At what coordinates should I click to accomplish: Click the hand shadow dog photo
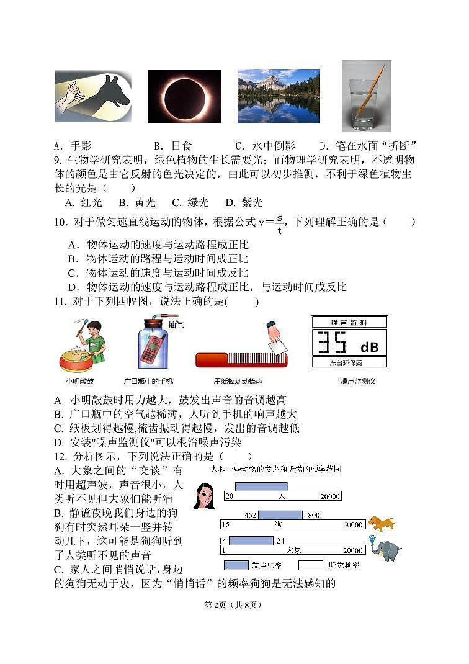[93, 96]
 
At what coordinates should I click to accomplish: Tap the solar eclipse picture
[184, 96]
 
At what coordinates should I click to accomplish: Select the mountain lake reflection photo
[279, 96]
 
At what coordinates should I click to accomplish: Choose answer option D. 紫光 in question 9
[244, 202]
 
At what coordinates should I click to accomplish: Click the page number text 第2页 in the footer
[213, 605]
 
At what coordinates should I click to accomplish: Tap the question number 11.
[60, 302]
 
